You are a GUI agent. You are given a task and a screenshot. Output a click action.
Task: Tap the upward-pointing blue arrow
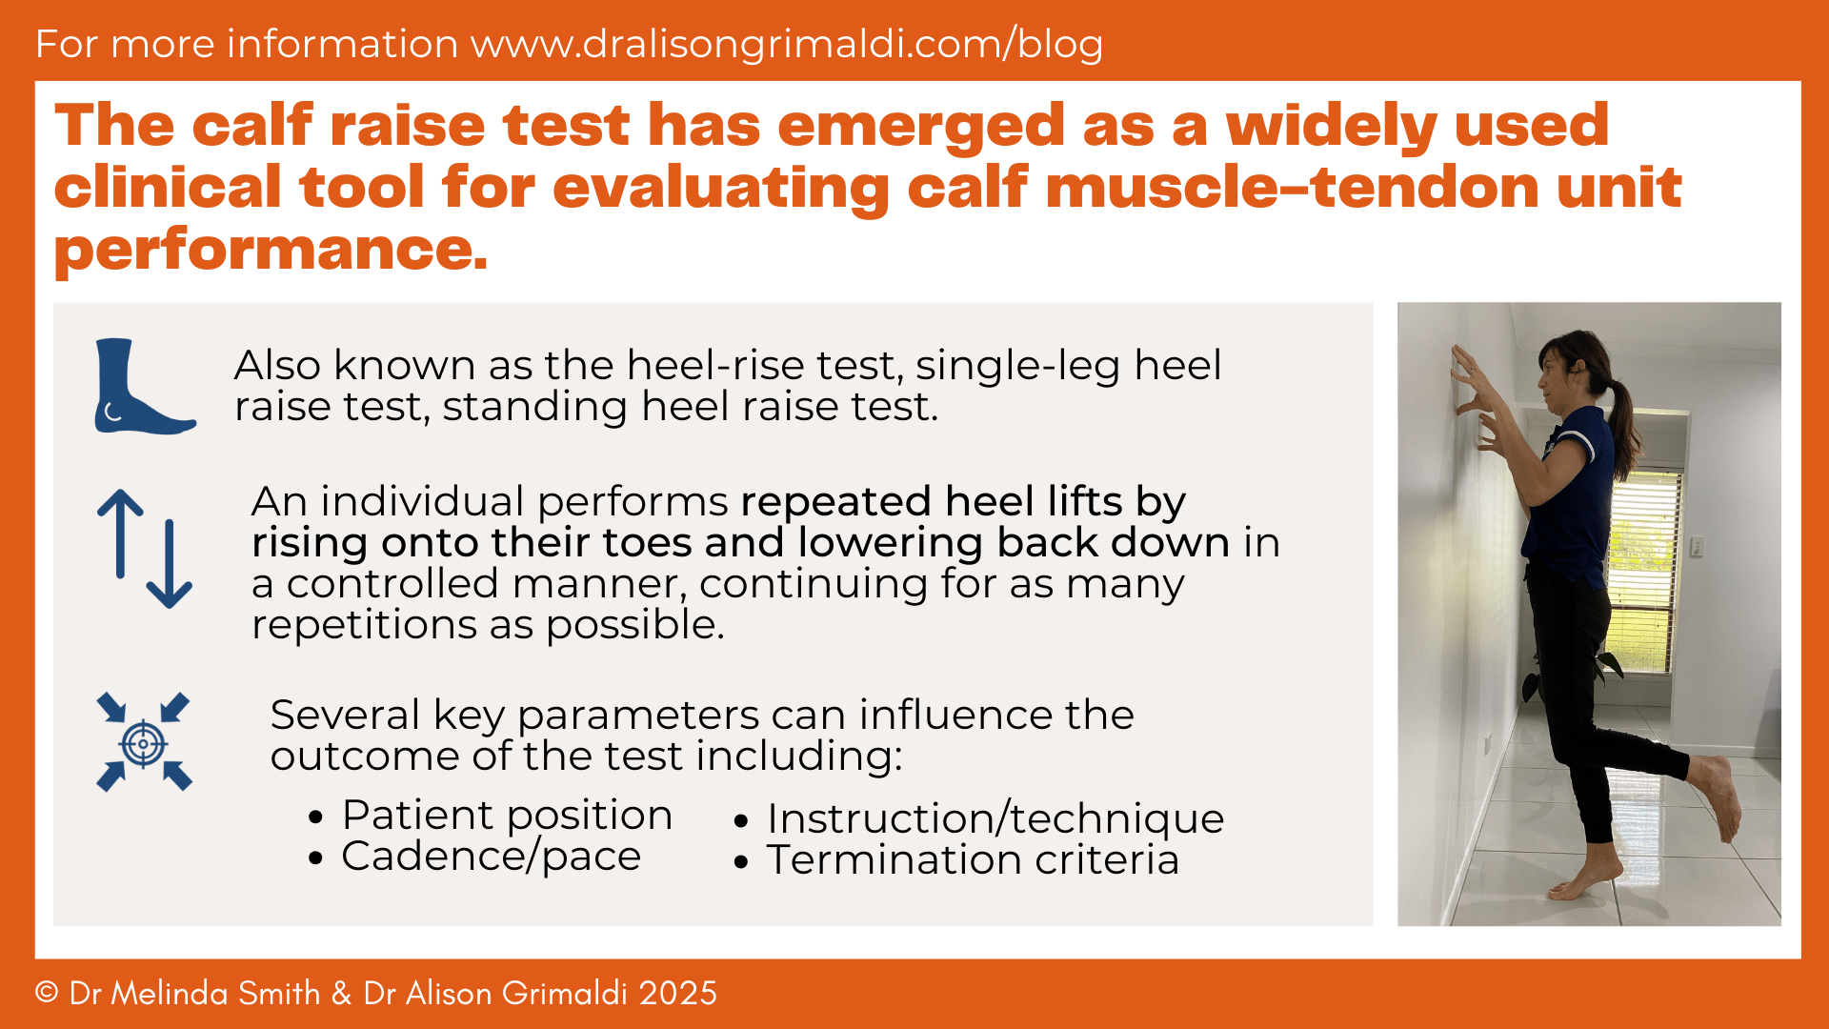[x=120, y=534]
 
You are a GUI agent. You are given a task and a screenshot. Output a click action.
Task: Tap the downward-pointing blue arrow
[x=170, y=565]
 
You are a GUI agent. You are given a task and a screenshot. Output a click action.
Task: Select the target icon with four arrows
[x=144, y=742]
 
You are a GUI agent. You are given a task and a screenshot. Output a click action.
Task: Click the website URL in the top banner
[x=787, y=44]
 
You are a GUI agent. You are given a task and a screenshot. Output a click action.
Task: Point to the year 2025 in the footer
[x=677, y=993]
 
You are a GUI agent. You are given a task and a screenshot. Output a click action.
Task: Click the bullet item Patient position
[x=507, y=816]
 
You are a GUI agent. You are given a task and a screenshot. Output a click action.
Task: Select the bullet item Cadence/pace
[x=491, y=857]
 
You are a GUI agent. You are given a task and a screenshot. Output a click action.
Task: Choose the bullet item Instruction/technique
[x=995, y=818]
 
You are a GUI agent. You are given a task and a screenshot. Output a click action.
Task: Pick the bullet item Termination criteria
[x=973, y=859]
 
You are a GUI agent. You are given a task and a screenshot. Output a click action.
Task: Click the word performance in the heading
[x=271, y=250]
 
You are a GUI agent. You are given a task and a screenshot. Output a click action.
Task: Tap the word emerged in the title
[x=920, y=126]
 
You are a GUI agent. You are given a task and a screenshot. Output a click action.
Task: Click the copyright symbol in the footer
[x=47, y=993]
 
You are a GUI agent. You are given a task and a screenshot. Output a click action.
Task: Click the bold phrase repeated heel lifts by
[x=963, y=501]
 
